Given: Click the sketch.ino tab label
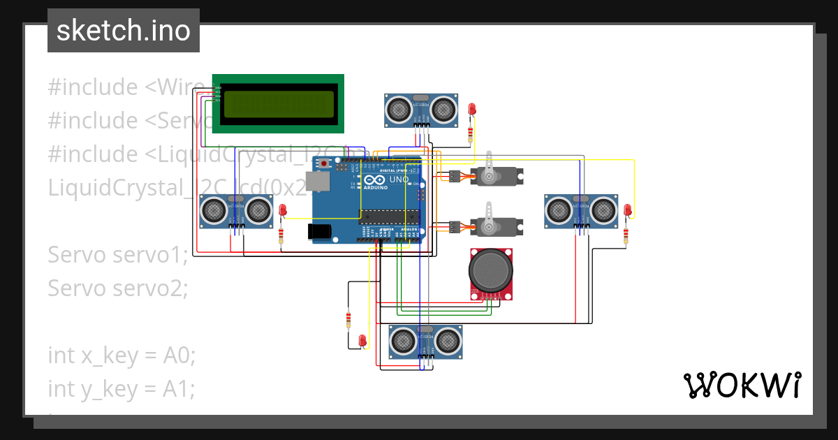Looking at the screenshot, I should click(123, 31).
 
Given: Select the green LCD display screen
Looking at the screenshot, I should click(279, 103).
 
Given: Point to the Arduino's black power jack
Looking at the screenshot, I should click(321, 231).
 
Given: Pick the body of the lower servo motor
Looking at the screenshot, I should click(497, 226).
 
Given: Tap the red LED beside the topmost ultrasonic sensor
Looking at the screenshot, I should click(472, 109).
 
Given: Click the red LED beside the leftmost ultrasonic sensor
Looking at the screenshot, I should click(282, 210).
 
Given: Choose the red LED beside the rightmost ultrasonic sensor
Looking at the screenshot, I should click(627, 210).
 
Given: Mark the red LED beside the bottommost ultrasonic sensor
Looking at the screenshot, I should click(362, 340).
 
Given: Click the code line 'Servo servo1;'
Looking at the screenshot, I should click(118, 254).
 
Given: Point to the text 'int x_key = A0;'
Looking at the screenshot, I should click(122, 355).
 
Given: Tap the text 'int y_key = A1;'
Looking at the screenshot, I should click(122, 388).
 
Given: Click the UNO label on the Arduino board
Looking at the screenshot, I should click(398, 179).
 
